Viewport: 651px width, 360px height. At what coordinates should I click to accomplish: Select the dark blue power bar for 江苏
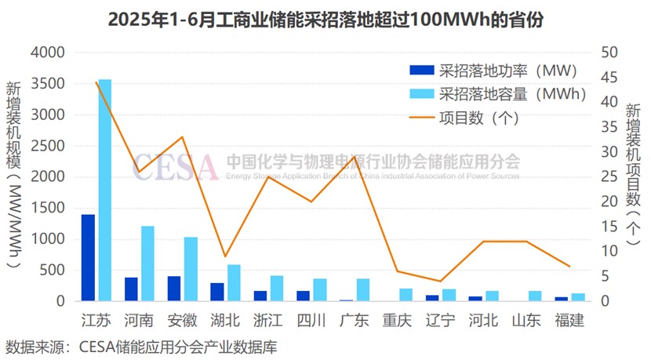[x=88, y=257]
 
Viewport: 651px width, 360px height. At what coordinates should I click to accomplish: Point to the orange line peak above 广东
[x=355, y=156]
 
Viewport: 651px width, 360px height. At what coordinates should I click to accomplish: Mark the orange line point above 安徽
[x=183, y=137]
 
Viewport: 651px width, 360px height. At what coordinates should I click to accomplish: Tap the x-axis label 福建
[x=569, y=320]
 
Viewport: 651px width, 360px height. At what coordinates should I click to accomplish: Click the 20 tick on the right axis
[x=610, y=202]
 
